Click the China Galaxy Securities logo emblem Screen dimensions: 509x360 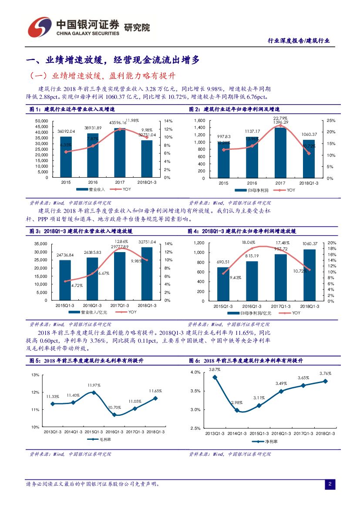click(x=40, y=27)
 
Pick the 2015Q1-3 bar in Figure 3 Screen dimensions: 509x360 click(x=65, y=280)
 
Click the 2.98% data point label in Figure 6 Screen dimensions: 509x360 click(x=236, y=403)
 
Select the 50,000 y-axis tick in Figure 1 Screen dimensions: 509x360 click(x=41, y=121)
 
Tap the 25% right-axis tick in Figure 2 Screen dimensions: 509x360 click(x=330, y=121)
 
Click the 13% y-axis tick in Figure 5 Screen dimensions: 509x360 click(x=35, y=375)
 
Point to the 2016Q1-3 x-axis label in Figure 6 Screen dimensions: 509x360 click(x=282, y=434)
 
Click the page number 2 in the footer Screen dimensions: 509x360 click(x=330, y=484)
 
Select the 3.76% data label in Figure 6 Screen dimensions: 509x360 click(x=325, y=374)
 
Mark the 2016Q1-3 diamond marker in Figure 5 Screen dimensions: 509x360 click(x=114, y=415)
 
